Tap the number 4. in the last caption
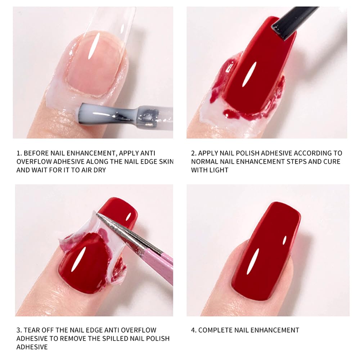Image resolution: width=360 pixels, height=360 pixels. pyautogui.click(x=193, y=330)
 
